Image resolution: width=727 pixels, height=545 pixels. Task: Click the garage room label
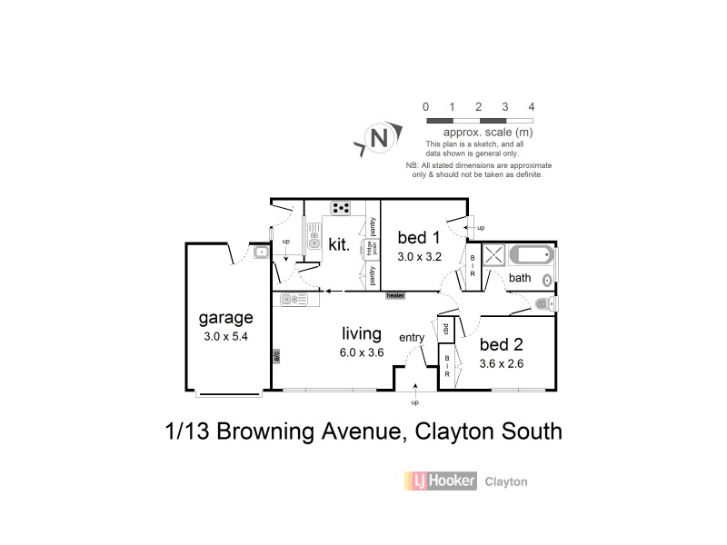(225, 319)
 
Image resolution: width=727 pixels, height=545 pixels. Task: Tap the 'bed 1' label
(419, 238)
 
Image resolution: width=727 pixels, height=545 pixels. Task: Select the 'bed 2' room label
(501, 346)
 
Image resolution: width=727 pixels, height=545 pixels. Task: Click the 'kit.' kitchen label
(338, 243)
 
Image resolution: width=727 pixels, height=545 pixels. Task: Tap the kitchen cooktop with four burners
(343, 208)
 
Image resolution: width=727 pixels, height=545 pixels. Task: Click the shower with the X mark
(494, 255)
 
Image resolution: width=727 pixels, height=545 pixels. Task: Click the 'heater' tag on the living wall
(394, 295)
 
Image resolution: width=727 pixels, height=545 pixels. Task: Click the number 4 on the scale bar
(532, 106)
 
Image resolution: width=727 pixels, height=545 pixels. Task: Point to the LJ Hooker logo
(440, 481)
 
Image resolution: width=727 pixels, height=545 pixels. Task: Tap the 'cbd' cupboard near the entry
(446, 328)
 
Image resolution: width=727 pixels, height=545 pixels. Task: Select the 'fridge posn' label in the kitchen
(372, 248)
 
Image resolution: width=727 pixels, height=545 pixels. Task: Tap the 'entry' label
(412, 338)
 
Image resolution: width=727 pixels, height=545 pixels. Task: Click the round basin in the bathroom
(547, 279)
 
